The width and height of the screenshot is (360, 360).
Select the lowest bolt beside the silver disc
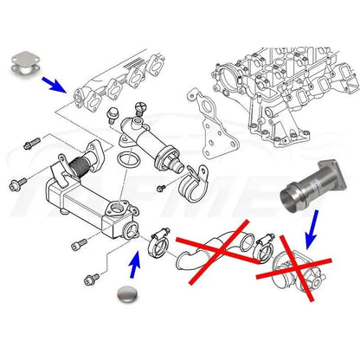tap(90, 280)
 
